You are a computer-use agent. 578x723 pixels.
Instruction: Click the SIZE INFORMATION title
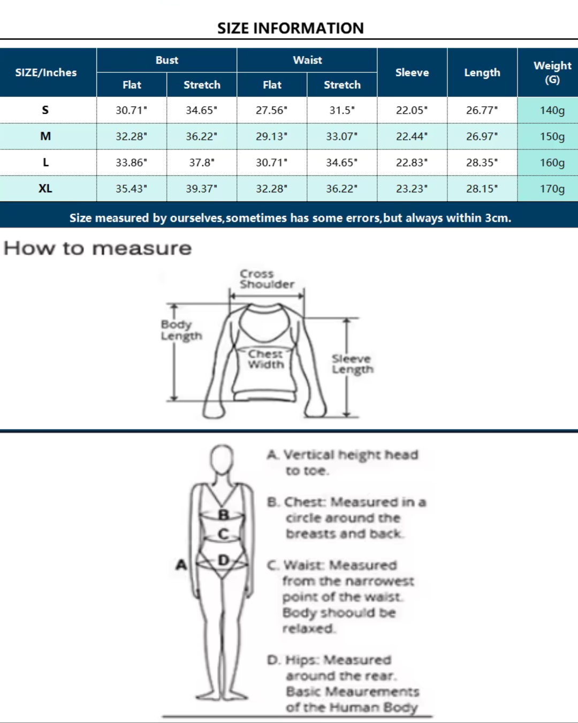pyautogui.click(x=291, y=28)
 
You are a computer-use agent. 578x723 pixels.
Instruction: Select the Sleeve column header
pyautogui.click(x=412, y=73)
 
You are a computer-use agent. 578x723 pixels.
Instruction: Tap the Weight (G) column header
pyautogui.click(x=552, y=73)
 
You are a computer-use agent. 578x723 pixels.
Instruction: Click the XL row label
pyautogui.click(x=45, y=189)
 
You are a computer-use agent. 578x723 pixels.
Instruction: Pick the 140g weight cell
pyautogui.click(x=552, y=110)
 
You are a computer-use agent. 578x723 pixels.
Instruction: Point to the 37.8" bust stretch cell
pyautogui.click(x=202, y=163)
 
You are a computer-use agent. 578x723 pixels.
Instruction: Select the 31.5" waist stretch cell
pyautogui.click(x=342, y=110)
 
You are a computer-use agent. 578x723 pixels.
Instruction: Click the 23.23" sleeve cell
pyautogui.click(x=412, y=189)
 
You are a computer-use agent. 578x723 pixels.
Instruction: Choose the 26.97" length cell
pyautogui.click(x=482, y=137)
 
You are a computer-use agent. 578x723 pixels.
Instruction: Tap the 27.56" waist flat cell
pyautogui.click(x=272, y=110)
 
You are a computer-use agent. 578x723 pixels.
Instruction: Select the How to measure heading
pyautogui.click(x=97, y=248)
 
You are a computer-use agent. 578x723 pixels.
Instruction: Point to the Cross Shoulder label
pyautogui.click(x=267, y=279)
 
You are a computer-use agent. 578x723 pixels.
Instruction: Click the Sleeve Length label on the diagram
pyautogui.click(x=352, y=364)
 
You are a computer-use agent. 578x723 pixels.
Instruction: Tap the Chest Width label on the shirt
pyautogui.click(x=266, y=359)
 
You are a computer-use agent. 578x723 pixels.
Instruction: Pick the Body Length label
pyautogui.click(x=181, y=330)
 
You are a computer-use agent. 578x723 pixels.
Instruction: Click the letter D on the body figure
pyautogui.click(x=224, y=560)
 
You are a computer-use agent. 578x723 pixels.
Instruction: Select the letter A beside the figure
pyautogui.click(x=181, y=564)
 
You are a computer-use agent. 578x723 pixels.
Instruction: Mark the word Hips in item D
pyautogui.click(x=301, y=660)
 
